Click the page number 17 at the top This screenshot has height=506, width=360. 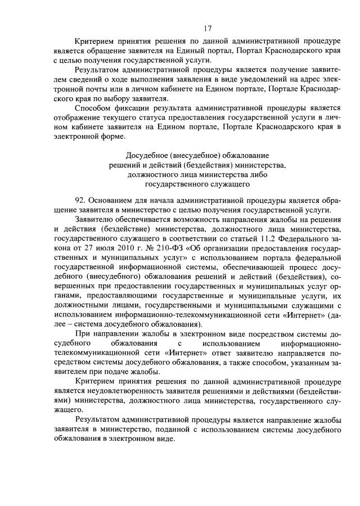(x=208, y=29)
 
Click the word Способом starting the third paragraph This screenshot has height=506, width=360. (x=92, y=108)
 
